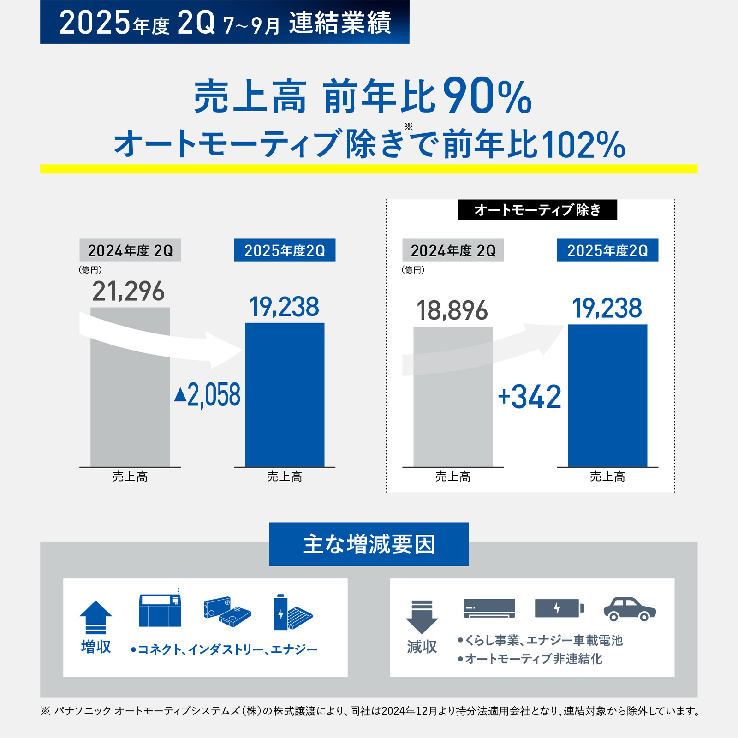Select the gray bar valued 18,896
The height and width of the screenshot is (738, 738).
tap(453, 415)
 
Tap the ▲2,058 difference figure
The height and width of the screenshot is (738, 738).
tap(208, 395)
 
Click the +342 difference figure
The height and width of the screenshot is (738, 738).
tap(530, 397)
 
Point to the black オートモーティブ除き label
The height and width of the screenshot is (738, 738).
tap(537, 210)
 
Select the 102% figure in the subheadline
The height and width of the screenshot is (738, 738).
tap(583, 145)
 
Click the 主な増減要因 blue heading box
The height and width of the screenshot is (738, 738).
tap(369, 544)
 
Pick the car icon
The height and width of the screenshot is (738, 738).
tap(630, 609)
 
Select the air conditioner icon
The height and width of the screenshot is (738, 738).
tap(489, 608)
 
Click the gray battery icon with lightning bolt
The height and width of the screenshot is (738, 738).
tap(559, 608)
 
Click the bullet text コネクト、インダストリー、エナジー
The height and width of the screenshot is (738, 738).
tap(225, 649)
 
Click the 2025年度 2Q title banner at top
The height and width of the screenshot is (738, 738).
tap(225, 22)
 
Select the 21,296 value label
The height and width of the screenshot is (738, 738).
tap(128, 292)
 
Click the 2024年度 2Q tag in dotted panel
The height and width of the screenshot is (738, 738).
tap(453, 250)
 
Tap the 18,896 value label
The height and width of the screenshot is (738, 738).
tap(452, 310)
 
